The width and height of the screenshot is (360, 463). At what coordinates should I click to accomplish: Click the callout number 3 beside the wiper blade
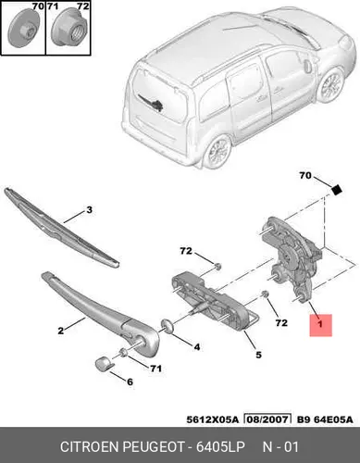coord(89,210)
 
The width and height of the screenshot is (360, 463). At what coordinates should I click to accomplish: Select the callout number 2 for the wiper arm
coord(61,332)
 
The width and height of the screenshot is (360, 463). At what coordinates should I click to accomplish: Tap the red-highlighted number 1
coord(321,324)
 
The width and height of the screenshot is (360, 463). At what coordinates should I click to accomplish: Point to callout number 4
coord(197,347)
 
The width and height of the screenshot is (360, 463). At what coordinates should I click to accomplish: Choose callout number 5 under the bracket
coord(258,355)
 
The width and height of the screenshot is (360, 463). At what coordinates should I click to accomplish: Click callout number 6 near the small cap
coord(130,382)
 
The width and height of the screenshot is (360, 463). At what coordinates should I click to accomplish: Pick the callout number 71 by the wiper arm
coord(155,369)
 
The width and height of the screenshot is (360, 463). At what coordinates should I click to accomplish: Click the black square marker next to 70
coord(337,190)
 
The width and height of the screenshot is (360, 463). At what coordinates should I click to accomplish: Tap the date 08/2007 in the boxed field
coord(267,419)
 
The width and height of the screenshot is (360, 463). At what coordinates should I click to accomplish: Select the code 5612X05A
coord(213,419)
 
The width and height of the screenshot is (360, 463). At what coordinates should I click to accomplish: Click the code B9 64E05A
coord(325,419)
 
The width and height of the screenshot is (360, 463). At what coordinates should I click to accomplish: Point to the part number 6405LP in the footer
coord(220,447)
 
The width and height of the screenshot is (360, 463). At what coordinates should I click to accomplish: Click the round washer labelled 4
coord(168,326)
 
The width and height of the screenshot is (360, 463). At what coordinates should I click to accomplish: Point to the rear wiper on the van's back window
coord(151,103)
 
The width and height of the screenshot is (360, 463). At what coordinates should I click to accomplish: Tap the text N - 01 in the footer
coord(280,447)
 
